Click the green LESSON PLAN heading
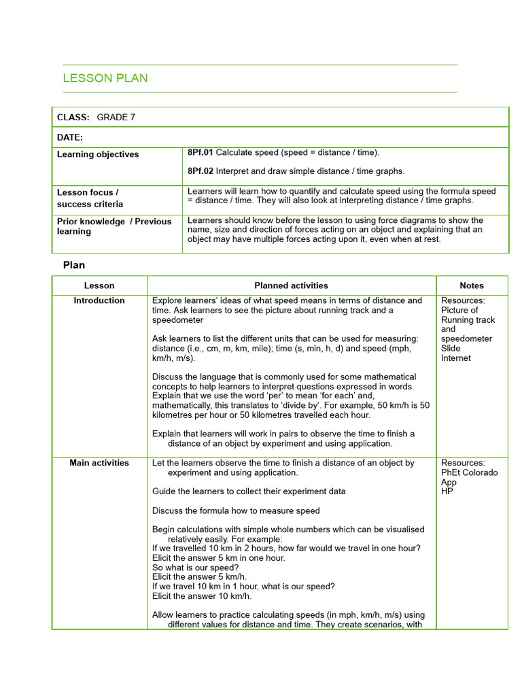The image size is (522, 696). [105, 78]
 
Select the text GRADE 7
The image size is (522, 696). [116, 117]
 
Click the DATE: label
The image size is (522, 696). [70, 137]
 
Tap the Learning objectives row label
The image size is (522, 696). [98, 154]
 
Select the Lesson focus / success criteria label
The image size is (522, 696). [90, 198]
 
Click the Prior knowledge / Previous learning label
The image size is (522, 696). [114, 226]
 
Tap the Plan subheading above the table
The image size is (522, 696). [74, 265]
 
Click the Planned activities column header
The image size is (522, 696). [291, 285]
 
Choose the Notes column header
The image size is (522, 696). [471, 285]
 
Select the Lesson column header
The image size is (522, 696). [99, 285]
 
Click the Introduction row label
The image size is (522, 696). [99, 300]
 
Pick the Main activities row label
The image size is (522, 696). [99, 463]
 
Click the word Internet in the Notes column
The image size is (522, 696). [455, 358]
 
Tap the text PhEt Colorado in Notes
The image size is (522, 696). [469, 472]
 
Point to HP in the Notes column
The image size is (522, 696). [447, 491]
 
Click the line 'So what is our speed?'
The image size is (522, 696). [195, 568]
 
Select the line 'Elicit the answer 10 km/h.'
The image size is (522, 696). [202, 596]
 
